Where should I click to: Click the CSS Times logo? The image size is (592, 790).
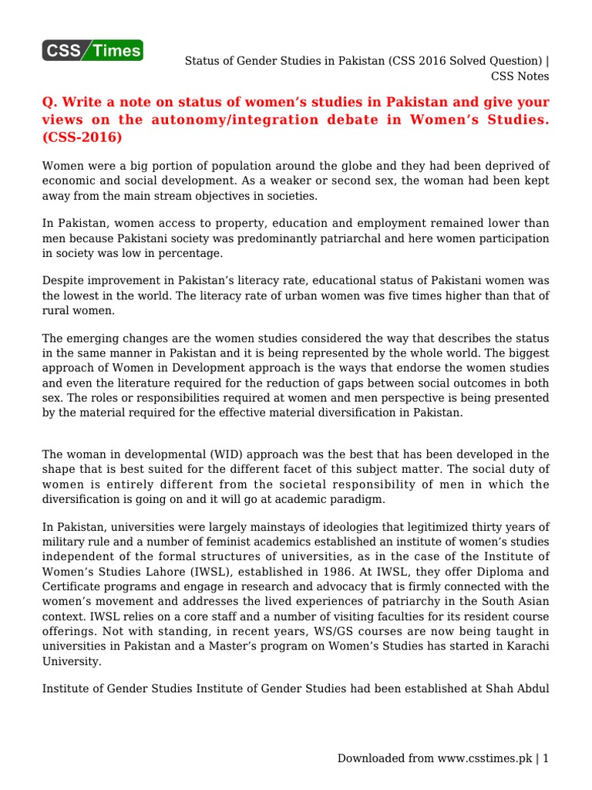point(92,51)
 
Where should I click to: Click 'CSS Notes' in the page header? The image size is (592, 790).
point(520,76)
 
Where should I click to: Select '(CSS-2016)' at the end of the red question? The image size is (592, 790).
point(82,137)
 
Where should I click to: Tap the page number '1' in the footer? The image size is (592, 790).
point(546,758)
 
